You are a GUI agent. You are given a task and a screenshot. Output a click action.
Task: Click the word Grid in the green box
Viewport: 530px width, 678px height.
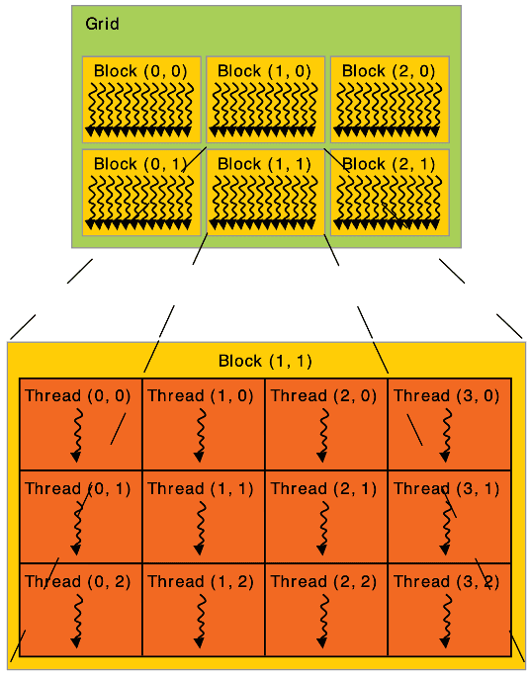tap(102, 24)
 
